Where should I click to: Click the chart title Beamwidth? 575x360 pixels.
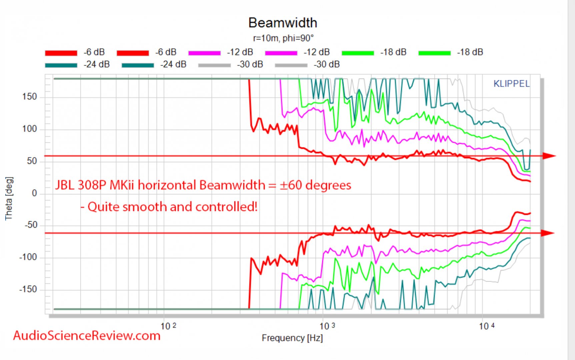(x=283, y=23)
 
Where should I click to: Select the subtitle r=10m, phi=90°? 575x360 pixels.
(x=283, y=38)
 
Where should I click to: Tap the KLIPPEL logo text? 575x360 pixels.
(x=511, y=84)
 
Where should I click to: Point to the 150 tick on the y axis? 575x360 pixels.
(x=29, y=97)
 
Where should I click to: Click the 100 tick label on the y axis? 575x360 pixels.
(x=29, y=129)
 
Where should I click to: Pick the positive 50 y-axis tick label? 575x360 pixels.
(x=32, y=161)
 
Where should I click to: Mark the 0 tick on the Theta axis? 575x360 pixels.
(x=34, y=193)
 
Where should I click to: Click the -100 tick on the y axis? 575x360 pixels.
(x=28, y=257)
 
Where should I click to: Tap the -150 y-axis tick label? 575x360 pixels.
(x=28, y=289)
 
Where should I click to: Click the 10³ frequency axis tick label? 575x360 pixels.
(x=327, y=326)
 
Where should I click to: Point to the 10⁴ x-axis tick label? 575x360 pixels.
(x=486, y=326)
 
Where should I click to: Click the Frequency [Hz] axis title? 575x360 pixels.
(x=292, y=338)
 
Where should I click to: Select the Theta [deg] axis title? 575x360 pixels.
(x=9, y=198)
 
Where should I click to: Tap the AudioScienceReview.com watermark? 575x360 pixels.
(x=87, y=335)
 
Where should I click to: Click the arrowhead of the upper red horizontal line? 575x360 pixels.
(x=548, y=156)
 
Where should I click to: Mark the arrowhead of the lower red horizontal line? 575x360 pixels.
(x=547, y=233)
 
